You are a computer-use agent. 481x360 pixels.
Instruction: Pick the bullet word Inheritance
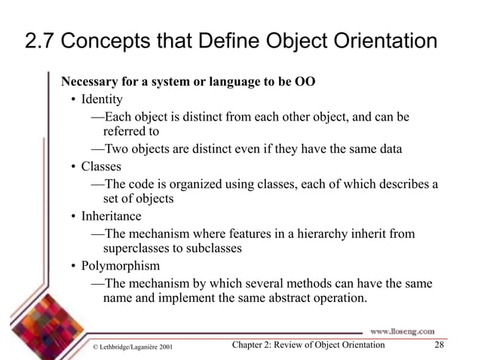111,216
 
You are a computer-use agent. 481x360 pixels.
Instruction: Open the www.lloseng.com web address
401,330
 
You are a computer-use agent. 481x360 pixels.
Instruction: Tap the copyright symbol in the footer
93,346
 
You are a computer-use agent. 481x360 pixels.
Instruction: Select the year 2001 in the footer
170,346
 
